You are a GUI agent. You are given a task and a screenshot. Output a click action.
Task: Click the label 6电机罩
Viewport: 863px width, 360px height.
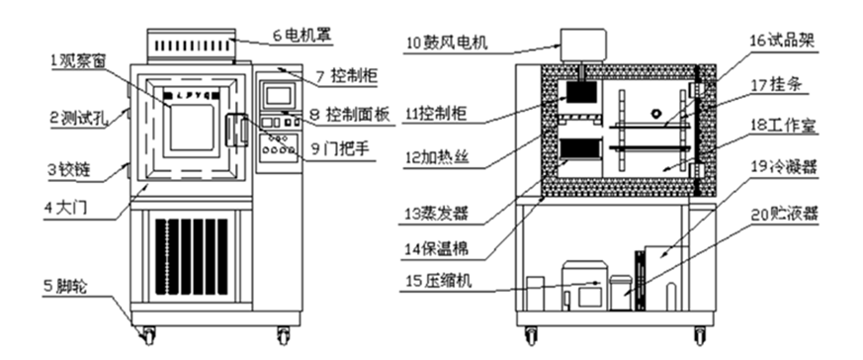point(302,35)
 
